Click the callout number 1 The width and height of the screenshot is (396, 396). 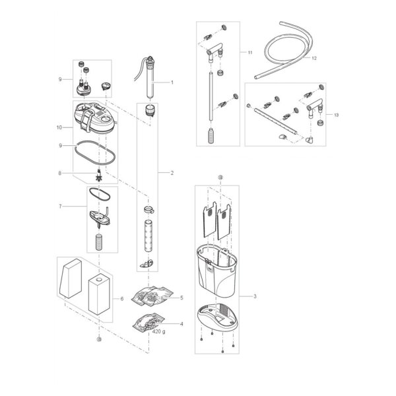pos(172,82)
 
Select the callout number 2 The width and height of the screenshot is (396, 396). pos(172,173)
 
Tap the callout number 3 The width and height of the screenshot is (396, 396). pos(255,296)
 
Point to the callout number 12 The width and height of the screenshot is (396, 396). pos(314,58)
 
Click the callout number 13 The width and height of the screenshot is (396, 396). pos(337,115)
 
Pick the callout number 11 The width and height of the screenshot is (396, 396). pos(249,53)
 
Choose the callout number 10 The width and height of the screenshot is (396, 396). pos(59,127)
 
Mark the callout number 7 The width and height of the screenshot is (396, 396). pos(60,207)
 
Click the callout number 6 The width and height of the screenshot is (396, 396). pos(122,299)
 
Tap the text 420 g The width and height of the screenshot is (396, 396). pos(158,331)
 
